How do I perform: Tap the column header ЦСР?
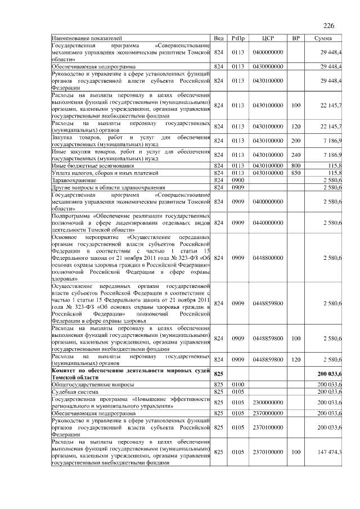click(x=268, y=38)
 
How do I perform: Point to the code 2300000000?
click(x=268, y=402)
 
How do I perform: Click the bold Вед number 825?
click(x=219, y=373)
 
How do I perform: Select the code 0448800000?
click(x=268, y=258)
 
